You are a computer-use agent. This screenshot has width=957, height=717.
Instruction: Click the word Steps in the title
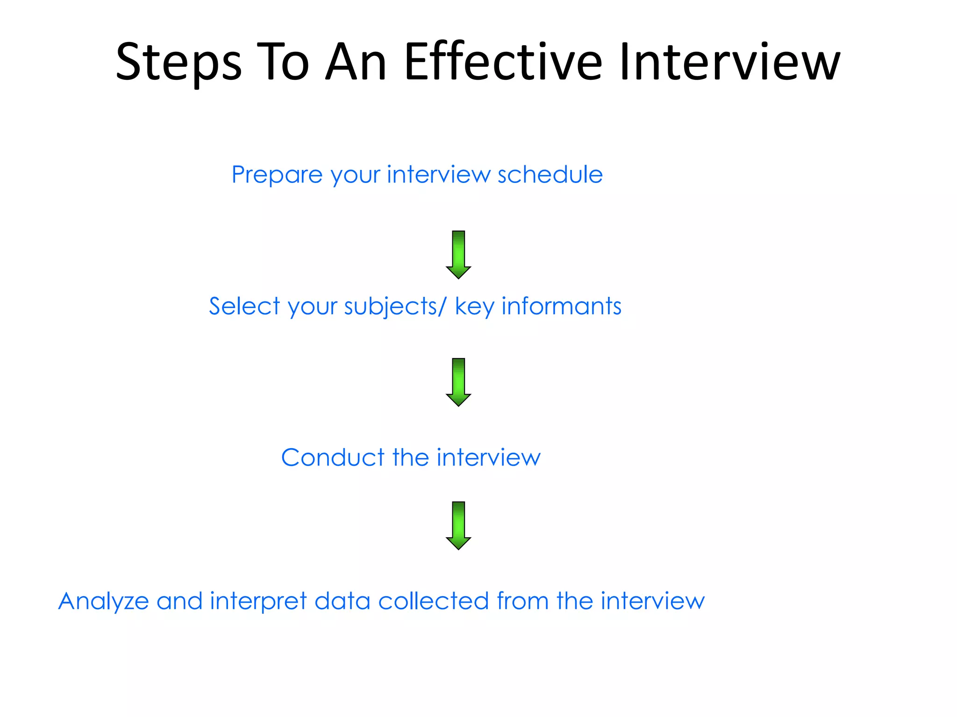click(179, 63)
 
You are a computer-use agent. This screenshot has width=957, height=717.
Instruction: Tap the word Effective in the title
click(503, 62)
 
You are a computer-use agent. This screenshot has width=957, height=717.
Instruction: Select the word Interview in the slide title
click(729, 62)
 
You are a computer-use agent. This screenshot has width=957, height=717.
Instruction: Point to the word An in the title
click(356, 62)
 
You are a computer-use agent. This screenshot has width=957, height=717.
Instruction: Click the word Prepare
click(277, 176)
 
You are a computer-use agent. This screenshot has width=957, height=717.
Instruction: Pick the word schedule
click(550, 175)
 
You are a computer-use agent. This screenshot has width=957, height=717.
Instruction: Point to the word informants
click(561, 306)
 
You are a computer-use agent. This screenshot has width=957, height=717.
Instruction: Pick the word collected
click(433, 601)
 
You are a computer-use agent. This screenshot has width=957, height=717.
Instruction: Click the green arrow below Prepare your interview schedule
click(458, 254)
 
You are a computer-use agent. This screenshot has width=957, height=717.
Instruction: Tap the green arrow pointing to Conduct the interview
click(458, 382)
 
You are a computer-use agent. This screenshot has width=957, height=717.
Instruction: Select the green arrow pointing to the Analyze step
click(458, 525)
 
